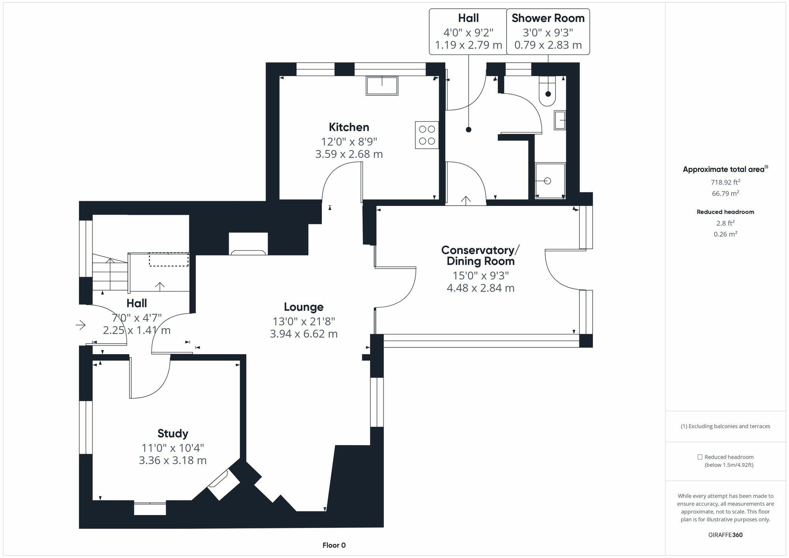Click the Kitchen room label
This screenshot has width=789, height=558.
[349, 127]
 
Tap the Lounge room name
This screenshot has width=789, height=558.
[304, 307]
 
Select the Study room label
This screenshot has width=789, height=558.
[173, 433]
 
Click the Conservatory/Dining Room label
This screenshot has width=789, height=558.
[481, 256]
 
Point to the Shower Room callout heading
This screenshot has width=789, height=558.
[548, 18]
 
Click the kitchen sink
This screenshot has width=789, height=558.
[381, 86]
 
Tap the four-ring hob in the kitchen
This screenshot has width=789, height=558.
[427, 135]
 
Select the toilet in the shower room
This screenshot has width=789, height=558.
[548, 91]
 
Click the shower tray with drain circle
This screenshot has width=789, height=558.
[550, 181]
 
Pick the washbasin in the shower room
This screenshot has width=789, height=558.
[560, 120]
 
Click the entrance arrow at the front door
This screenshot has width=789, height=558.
[80, 325]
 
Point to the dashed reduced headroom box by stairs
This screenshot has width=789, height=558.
[168, 259]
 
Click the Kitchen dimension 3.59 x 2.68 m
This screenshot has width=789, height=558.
[349, 154]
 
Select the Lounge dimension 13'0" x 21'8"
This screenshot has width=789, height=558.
[304, 321]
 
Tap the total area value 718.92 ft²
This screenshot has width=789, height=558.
[725, 182]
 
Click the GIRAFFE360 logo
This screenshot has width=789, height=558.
[725, 535]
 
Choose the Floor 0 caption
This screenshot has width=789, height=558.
[334, 545]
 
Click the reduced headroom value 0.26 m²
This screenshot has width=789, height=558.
[725, 234]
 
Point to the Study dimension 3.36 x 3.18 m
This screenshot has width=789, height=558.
[173, 460]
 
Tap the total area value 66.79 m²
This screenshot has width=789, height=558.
[725, 193]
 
